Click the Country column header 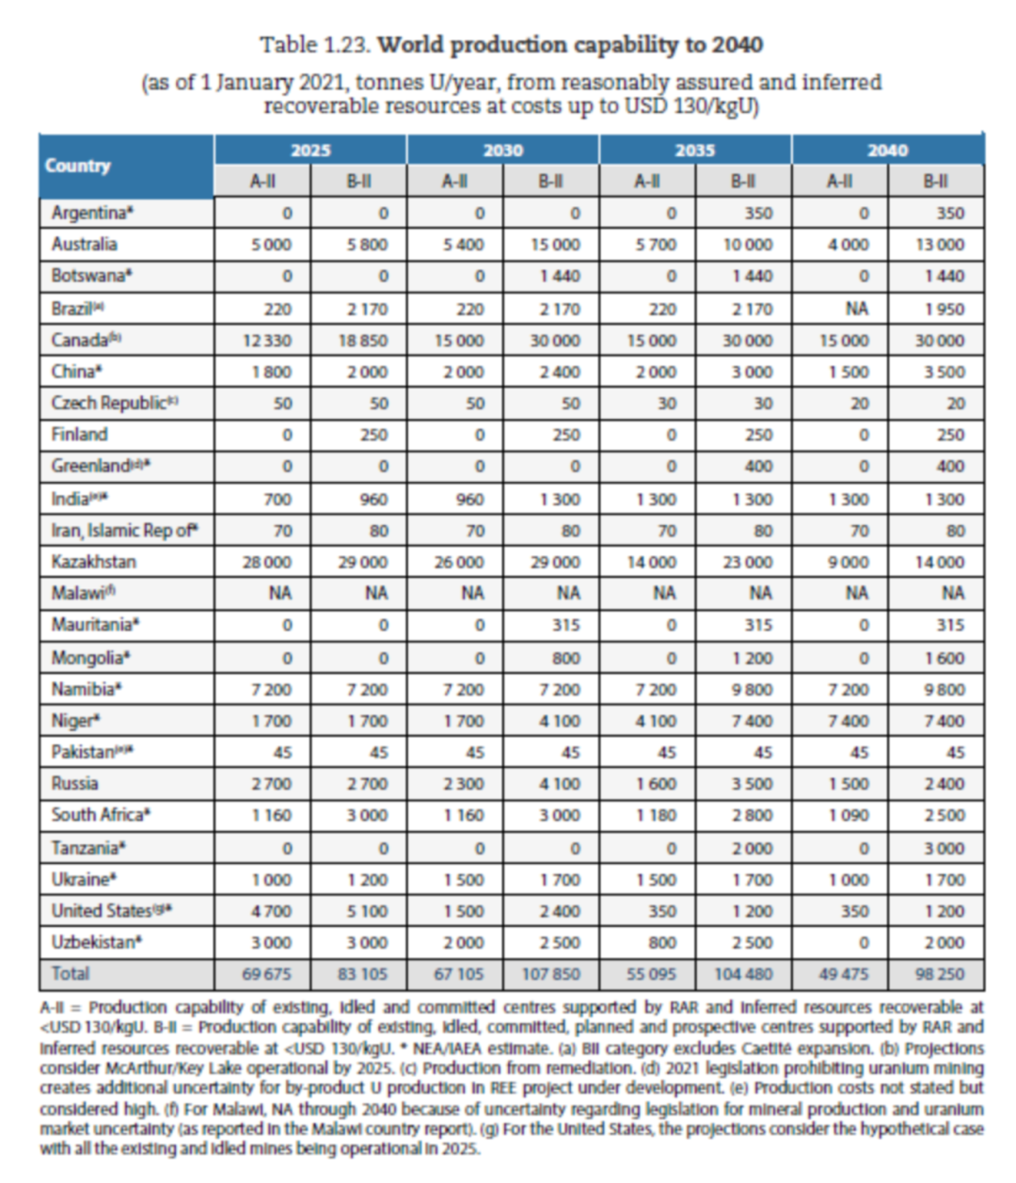coord(78,166)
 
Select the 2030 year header coord(502,150)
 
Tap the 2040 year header coord(887,150)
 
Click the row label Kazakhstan coord(94,562)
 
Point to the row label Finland coord(80,435)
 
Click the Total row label coord(71,973)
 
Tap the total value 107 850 coord(551,974)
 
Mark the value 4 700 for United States coord(271,911)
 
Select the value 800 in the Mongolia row coord(565,658)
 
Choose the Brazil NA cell coord(856,309)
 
